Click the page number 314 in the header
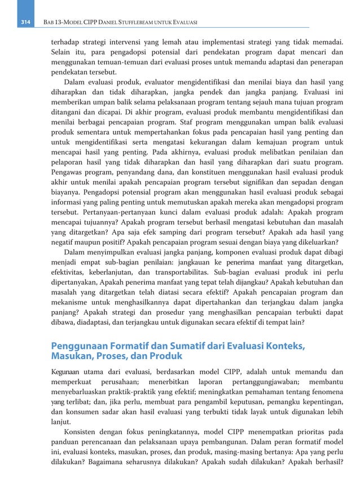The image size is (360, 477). (25, 21)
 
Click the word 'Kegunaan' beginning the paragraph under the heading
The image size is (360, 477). (65, 372)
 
